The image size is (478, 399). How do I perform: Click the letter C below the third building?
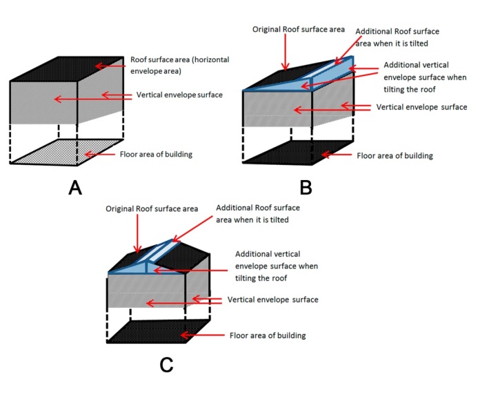pyautogui.click(x=166, y=364)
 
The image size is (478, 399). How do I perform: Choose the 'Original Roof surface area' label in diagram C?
pyautogui.click(x=152, y=208)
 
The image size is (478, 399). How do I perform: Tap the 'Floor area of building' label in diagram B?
pyautogui.click(x=395, y=155)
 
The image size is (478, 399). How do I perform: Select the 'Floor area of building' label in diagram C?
pyautogui.click(x=268, y=335)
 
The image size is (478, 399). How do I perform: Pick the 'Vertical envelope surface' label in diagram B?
pyautogui.click(x=422, y=107)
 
